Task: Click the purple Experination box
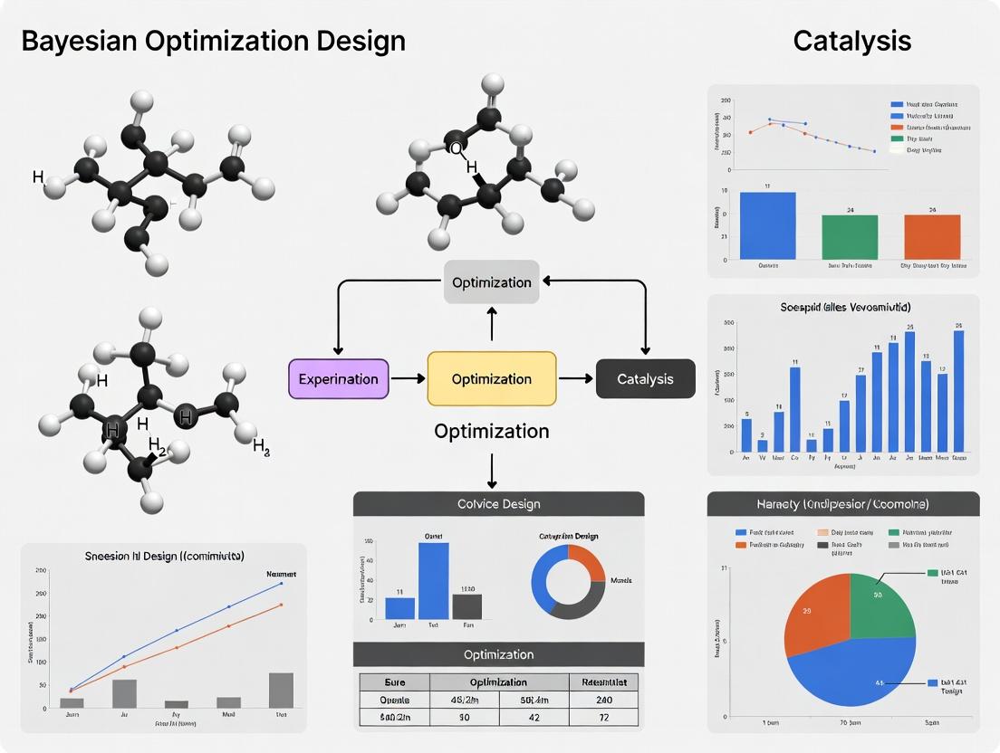pyautogui.click(x=338, y=379)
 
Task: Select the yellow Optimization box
pyautogui.click(x=491, y=379)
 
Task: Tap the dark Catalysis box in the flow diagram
pyautogui.click(x=645, y=379)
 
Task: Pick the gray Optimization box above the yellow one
pyautogui.click(x=491, y=282)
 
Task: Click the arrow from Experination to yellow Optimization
pyautogui.click(x=408, y=379)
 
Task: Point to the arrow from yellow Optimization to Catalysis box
pyautogui.click(x=575, y=379)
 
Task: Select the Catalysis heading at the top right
pyautogui.click(x=851, y=41)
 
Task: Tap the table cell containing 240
pyautogui.click(x=604, y=700)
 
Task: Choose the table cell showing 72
pyautogui.click(x=604, y=719)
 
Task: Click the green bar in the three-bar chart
pyautogui.click(x=850, y=237)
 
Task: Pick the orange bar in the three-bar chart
pyautogui.click(x=932, y=237)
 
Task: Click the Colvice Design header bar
pyautogui.click(x=498, y=504)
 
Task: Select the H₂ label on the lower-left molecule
pyautogui.click(x=157, y=445)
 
